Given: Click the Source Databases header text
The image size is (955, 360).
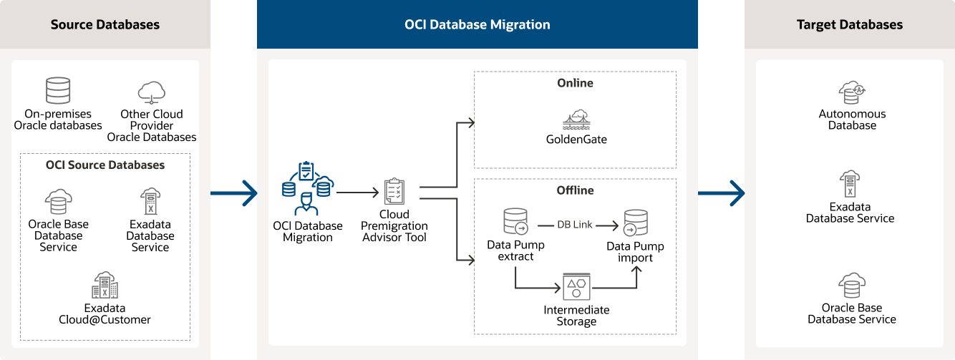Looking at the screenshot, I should click(105, 24).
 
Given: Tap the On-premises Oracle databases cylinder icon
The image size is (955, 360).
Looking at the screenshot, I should click(58, 91).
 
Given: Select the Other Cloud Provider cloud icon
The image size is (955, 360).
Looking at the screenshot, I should click(152, 92).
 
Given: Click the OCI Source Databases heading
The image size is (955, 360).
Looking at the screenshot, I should click(105, 165).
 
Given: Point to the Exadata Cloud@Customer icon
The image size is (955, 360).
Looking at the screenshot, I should click(105, 286).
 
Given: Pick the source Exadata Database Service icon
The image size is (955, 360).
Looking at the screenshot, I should click(150, 201).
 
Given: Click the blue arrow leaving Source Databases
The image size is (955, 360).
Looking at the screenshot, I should click(233, 193).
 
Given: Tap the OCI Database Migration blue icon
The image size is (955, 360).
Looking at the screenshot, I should click(307, 188).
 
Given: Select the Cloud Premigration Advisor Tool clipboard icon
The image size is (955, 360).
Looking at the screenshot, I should click(394, 192).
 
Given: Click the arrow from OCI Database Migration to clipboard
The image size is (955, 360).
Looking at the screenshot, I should click(357, 193).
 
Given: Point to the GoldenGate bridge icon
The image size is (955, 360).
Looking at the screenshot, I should click(576, 119).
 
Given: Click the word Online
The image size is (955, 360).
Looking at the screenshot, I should click(576, 83).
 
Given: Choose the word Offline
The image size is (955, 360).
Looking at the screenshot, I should click(576, 190).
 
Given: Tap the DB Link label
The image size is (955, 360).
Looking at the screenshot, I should click(575, 225).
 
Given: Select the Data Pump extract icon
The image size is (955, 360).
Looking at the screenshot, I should click(515, 221).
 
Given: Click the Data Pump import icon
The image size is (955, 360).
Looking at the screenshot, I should click(636, 223).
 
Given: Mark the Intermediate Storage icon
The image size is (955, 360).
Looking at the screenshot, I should click(576, 286).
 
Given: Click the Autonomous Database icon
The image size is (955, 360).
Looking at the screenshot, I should click(852, 92).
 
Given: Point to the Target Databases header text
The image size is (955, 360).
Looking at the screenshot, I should click(850, 24).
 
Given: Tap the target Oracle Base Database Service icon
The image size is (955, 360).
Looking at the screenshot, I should click(852, 285).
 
